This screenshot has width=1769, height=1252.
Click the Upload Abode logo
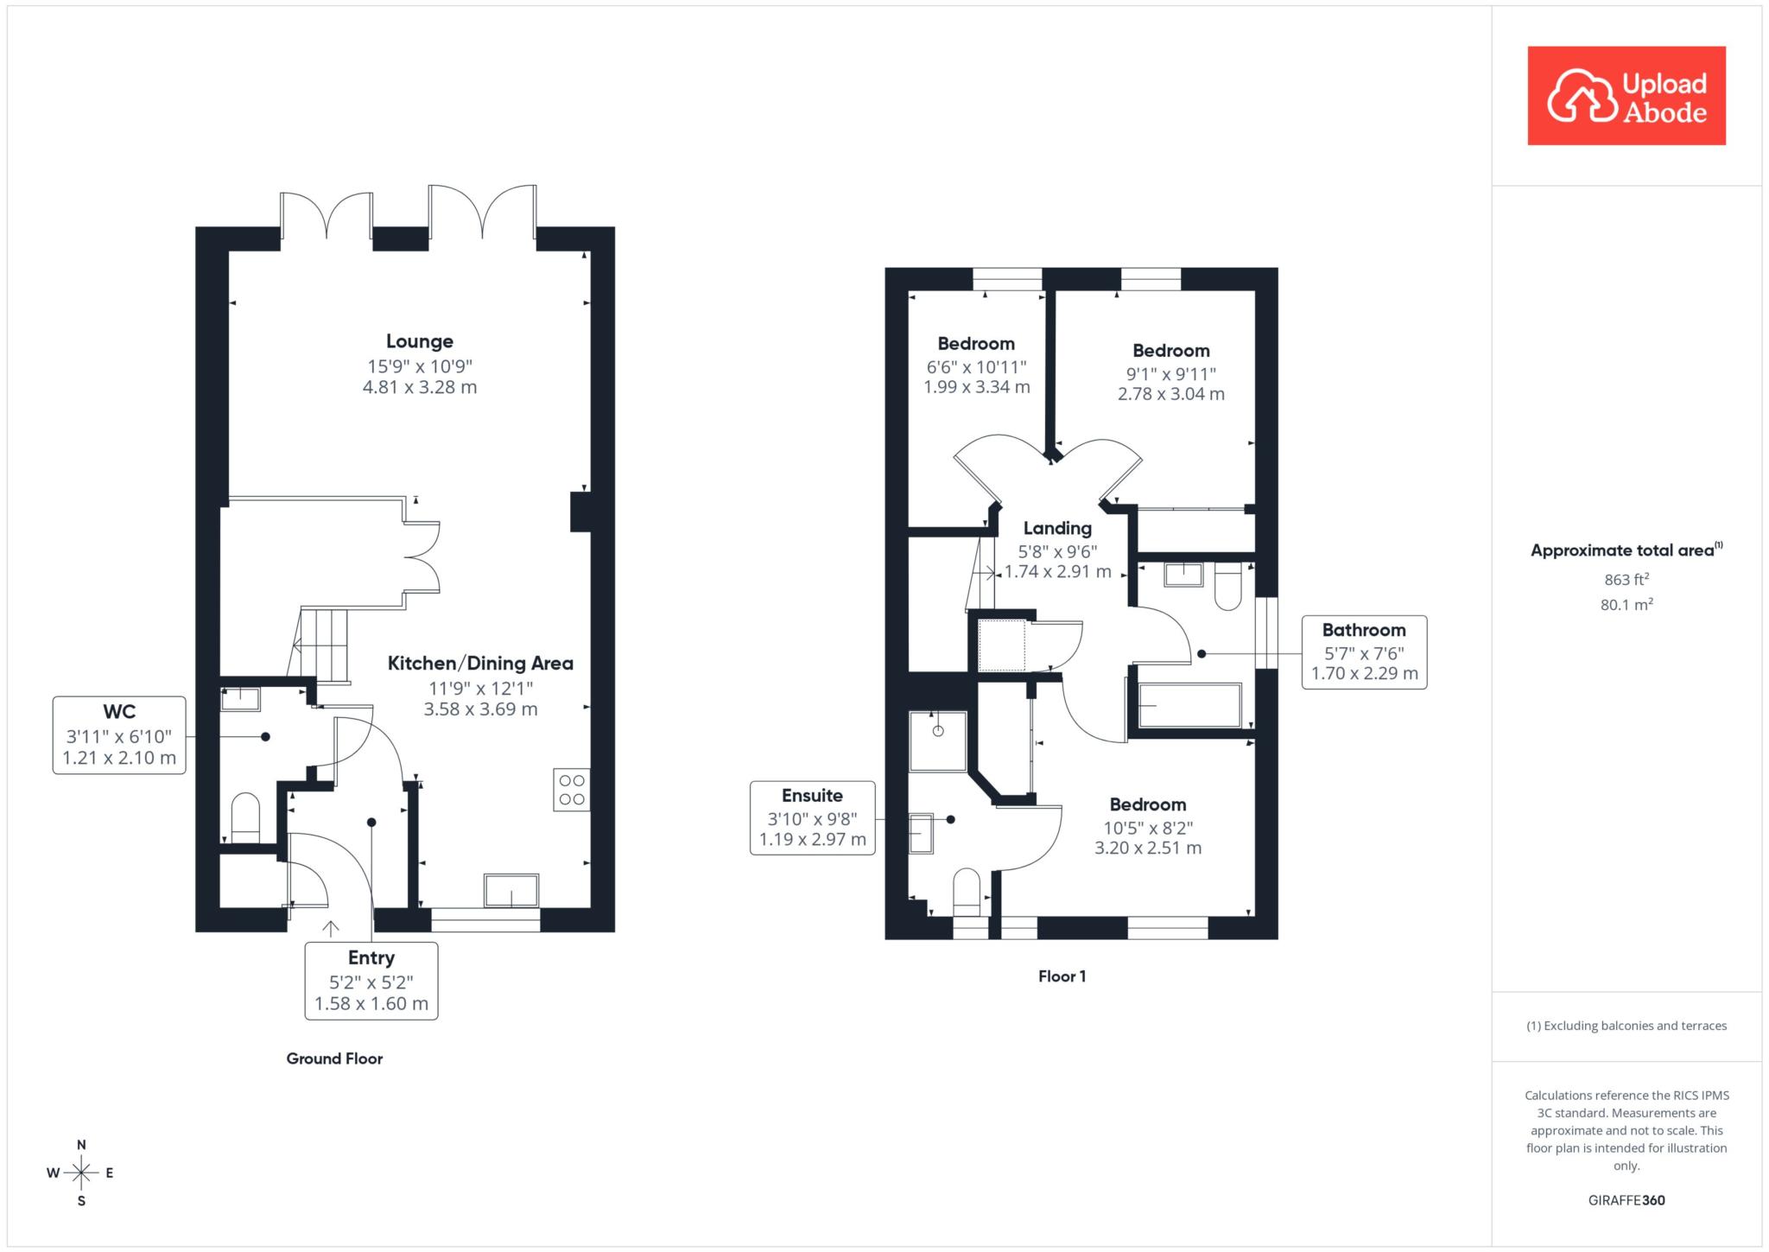click(x=1626, y=96)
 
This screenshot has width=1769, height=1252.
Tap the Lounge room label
click(x=420, y=341)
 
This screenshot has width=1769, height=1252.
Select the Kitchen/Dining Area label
click(x=480, y=664)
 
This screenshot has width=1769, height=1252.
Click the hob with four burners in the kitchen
click(x=572, y=790)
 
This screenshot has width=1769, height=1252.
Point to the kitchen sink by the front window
click(x=511, y=891)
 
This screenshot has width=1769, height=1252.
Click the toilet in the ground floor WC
click(x=245, y=818)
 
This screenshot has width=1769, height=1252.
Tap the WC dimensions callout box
click(x=119, y=735)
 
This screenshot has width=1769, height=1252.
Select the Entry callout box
click(x=371, y=981)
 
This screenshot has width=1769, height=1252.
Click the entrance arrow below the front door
click(x=331, y=929)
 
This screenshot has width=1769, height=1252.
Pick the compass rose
click(x=81, y=1173)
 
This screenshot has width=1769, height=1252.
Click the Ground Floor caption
click(x=334, y=1058)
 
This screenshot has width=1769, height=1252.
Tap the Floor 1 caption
click(x=1062, y=976)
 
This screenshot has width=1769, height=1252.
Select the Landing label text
click(x=1057, y=528)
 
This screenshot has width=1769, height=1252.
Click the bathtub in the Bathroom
click(x=1190, y=706)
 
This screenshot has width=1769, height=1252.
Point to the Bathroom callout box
click(x=1365, y=652)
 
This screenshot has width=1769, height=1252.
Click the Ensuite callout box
click(x=813, y=817)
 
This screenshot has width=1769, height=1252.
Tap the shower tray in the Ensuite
click(x=938, y=740)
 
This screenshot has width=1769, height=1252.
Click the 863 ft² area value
click(x=1626, y=580)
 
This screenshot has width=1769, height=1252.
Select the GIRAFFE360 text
click(x=1626, y=1200)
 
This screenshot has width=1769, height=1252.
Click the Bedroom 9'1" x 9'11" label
click(x=1171, y=372)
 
